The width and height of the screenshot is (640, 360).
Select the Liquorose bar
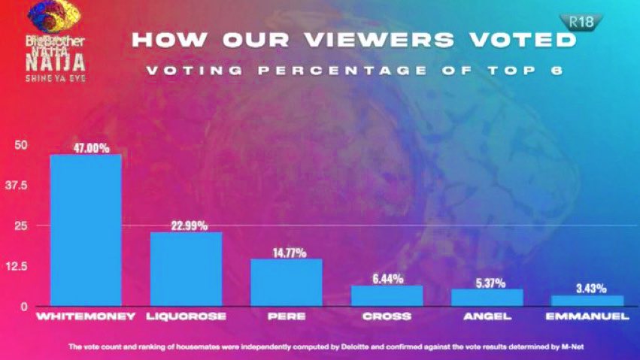186,269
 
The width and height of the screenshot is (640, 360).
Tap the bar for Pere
287,283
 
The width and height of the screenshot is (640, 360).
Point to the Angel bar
487,298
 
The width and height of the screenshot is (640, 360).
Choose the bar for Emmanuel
588,301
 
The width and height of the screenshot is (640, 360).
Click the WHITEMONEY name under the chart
86,317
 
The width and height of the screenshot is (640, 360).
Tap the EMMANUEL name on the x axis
588,317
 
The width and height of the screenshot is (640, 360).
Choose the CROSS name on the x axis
387,317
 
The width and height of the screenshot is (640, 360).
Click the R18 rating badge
577,23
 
